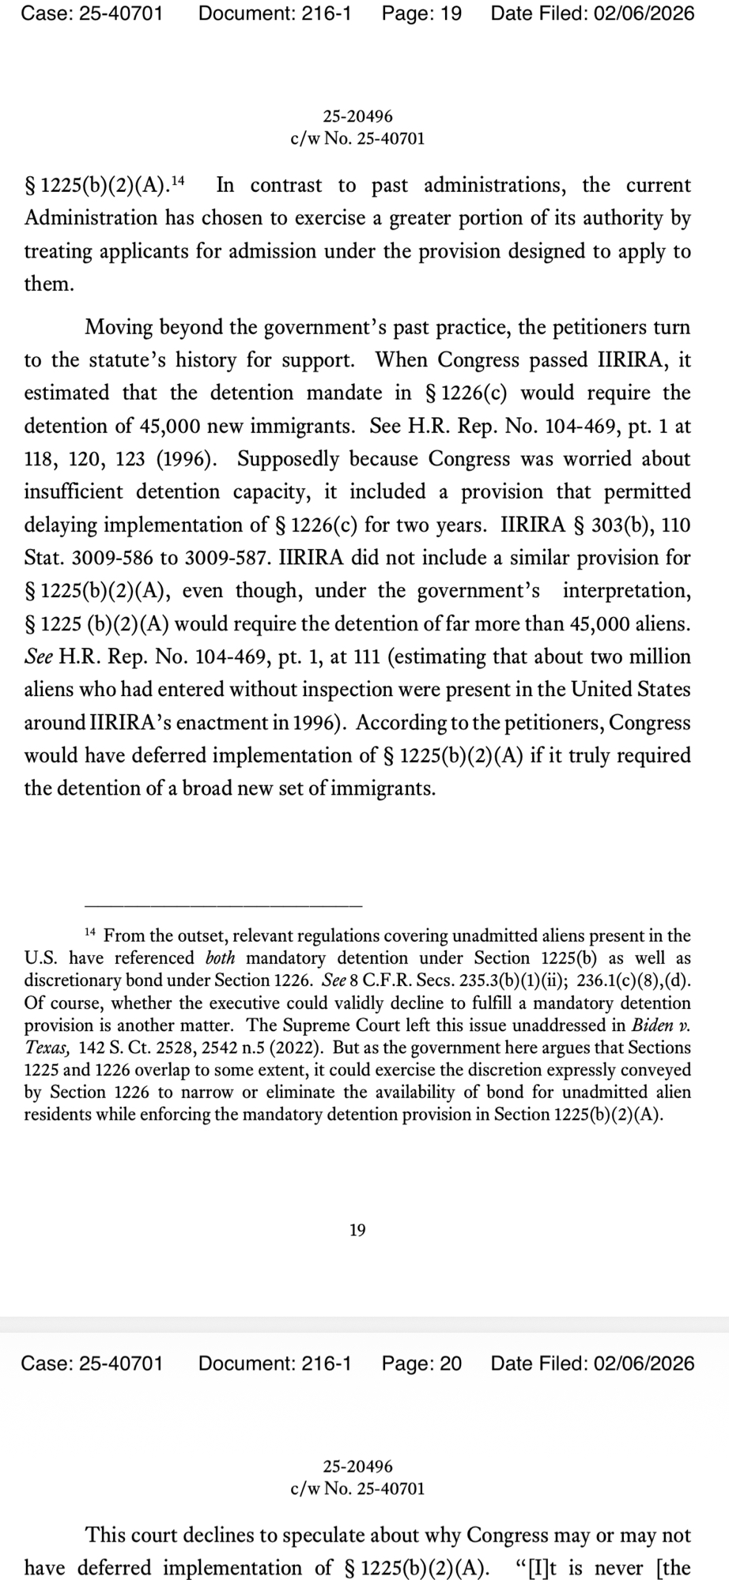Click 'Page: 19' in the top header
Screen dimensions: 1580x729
click(x=421, y=13)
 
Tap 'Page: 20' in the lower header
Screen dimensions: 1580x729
click(x=421, y=1364)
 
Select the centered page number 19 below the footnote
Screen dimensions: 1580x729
click(x=357, y=1230)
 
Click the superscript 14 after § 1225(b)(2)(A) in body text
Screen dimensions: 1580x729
click(x=178, y=182)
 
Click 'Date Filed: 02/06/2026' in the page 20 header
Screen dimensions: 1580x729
click(x=592, y=1364)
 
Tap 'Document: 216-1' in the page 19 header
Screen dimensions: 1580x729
click(x=274, y=13)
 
